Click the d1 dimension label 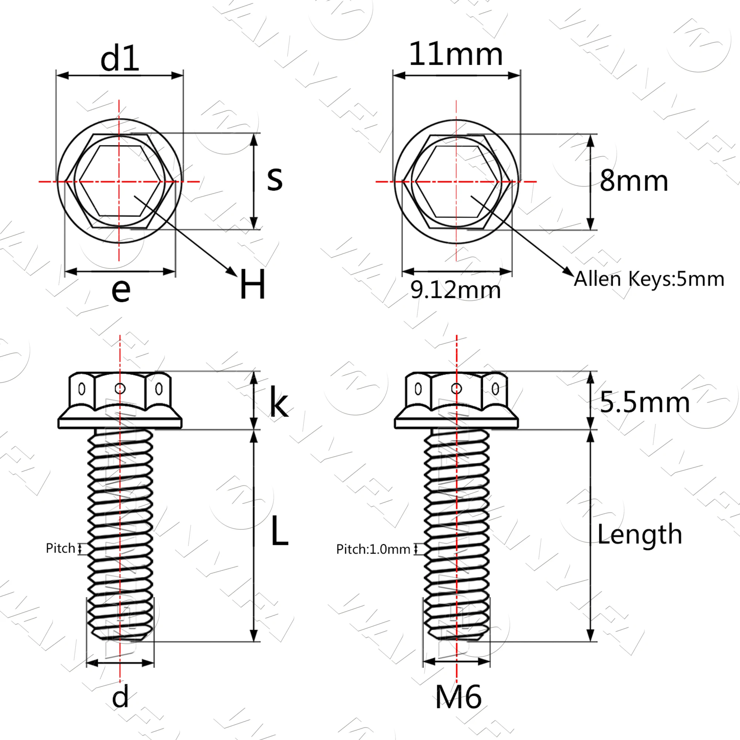point(120,60)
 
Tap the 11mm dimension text point(456,54)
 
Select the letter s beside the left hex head point(275,179)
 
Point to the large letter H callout point(252,285)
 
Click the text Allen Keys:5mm point(649,279)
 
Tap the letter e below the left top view point(121,290)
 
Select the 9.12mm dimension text point(455,290)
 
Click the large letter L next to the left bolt point(279,532)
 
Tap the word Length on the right point(640,534)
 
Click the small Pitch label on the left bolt point(61,548)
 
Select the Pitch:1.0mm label point(373,549)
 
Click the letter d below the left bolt point(120,697)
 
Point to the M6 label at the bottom point(458,697)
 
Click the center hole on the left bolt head point(120,389)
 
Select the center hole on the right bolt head point(456,389)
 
